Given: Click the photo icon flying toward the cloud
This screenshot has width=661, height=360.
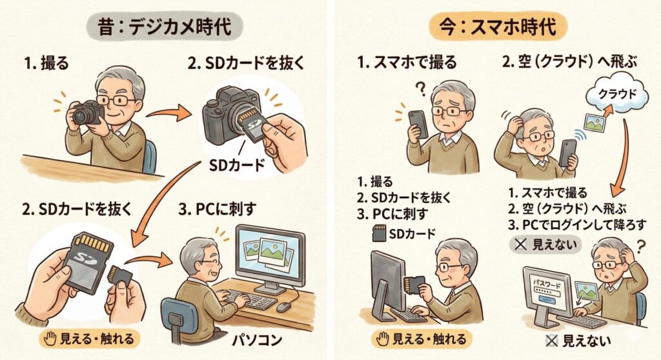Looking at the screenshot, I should click(x=595, y=121).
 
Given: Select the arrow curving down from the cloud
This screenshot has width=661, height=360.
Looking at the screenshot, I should click(x=622, y=155).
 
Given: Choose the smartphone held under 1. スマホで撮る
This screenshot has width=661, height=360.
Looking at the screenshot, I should click(x=417, y=123).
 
